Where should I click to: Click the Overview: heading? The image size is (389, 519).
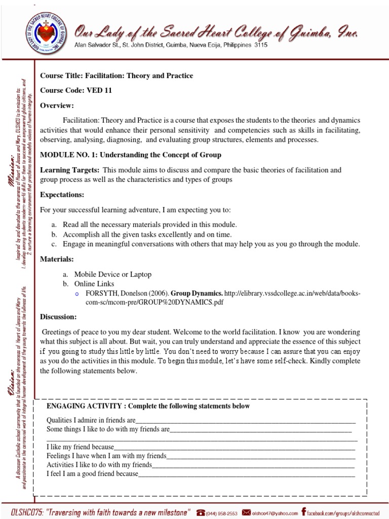coord(57,105)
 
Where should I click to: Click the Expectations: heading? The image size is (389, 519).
coord(62,195)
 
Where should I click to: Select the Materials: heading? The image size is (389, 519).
coord(57,259)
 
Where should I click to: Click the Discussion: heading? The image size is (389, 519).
coord(58,317)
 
